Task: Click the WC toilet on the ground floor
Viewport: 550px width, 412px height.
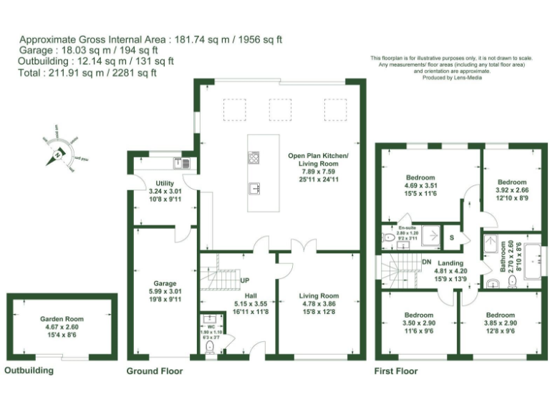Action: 210,348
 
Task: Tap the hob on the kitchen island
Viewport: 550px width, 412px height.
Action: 254,157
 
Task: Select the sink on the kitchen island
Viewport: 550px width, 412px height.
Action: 254,189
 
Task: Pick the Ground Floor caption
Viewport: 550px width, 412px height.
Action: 154,371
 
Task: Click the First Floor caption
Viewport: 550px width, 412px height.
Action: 396,371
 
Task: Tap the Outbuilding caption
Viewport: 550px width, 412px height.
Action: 29,371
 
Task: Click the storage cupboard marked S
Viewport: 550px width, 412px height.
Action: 451,237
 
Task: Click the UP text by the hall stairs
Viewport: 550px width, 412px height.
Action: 244,280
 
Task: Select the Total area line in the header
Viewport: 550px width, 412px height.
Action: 87,72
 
